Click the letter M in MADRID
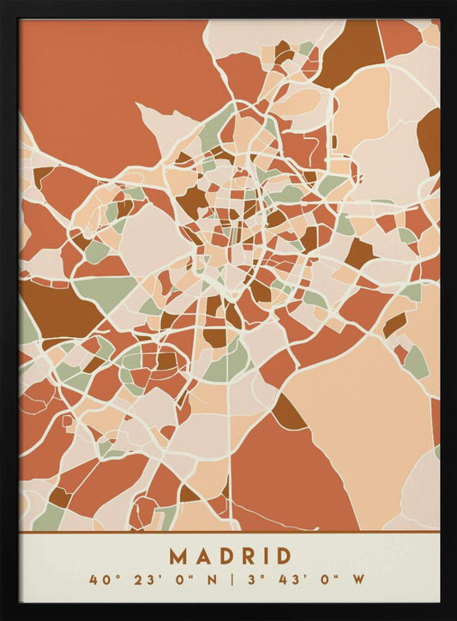tap(179, 557)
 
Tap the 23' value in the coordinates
tap(140, 580)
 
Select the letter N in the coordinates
tap(204, 580)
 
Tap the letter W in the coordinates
tap(357, 580)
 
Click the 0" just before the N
tap(175, 580)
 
